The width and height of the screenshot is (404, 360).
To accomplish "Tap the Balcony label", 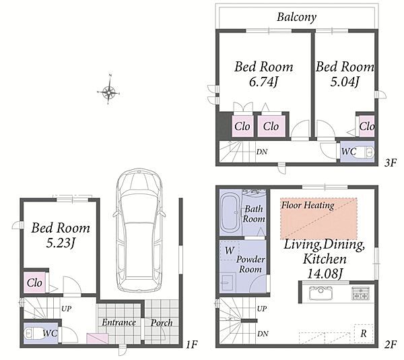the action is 297,18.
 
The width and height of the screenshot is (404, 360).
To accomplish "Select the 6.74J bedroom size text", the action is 263,82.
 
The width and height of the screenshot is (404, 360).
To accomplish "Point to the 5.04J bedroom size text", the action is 345,82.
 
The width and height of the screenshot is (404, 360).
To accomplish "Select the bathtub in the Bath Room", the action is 231,213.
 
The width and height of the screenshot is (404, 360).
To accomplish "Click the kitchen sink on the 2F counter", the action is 320,293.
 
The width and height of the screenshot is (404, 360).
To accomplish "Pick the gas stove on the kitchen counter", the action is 361,293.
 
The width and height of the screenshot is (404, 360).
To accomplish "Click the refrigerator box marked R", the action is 364,334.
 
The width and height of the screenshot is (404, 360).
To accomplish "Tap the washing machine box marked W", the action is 230,250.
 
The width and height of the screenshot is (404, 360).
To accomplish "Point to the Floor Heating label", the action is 308,206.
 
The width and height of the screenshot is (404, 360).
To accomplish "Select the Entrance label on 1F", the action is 119,322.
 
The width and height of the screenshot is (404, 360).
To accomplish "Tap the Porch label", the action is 162,323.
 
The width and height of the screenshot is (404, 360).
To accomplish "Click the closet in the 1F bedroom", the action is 34,282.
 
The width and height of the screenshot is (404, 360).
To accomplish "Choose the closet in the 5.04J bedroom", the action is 367,126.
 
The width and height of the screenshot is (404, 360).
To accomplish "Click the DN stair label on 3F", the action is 262,152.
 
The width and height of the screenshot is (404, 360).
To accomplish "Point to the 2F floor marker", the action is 391,344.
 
